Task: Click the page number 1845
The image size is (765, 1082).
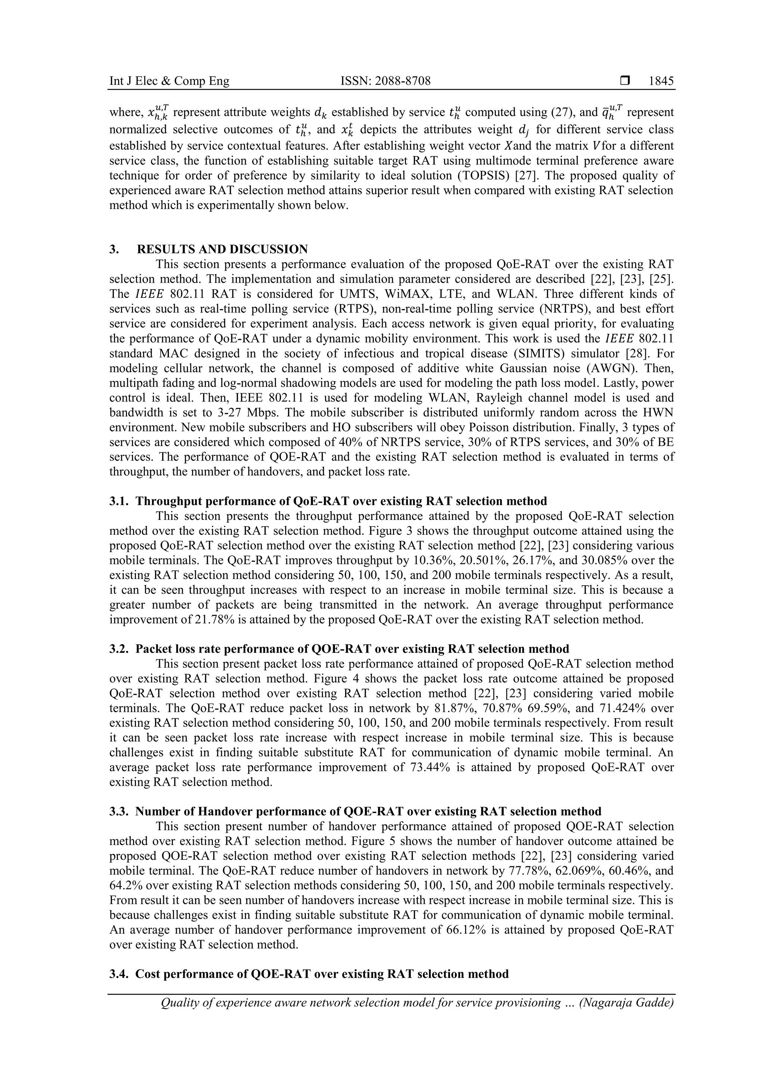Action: pos(661,81)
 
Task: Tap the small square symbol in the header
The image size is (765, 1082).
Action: pos(625,81)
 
